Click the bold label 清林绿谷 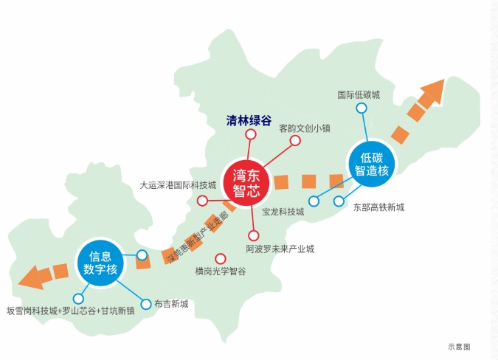coord(249,121)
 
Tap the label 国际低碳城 coord(359,95)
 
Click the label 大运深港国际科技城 coord(178,185)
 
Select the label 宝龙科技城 coord(283,212)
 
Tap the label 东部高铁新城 coord(378,207)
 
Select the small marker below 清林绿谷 coord(250,135)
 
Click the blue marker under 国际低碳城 coord(362,108)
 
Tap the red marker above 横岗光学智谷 coord(220,257)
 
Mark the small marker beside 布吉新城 coord(143,302)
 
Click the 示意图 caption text coord(458,345)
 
